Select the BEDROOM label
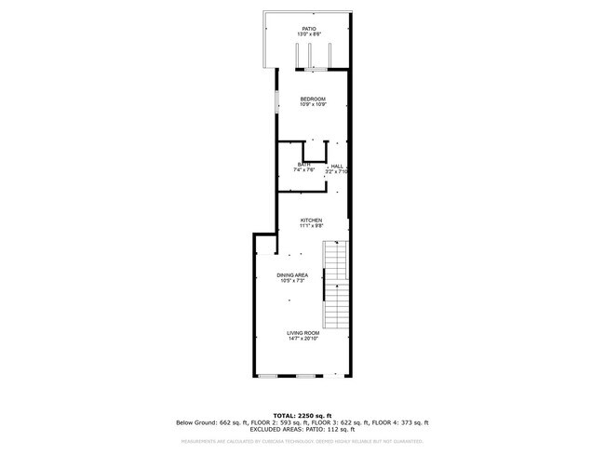[312, 99]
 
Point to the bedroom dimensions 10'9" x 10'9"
[312, 104]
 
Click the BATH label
[304, 165]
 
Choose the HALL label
[337, 166]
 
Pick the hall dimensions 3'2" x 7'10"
[336, 171]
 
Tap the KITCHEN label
[311, 220]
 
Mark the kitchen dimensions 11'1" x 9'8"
[311, 226]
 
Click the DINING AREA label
[292, 275]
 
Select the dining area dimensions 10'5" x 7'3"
[292, 281]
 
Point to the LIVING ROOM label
[302, 332]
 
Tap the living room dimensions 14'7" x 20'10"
[302, 338]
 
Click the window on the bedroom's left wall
[276, 101]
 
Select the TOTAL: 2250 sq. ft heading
[302, 415]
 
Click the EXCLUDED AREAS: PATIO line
[302, 430]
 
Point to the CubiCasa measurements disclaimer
[302, 441]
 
